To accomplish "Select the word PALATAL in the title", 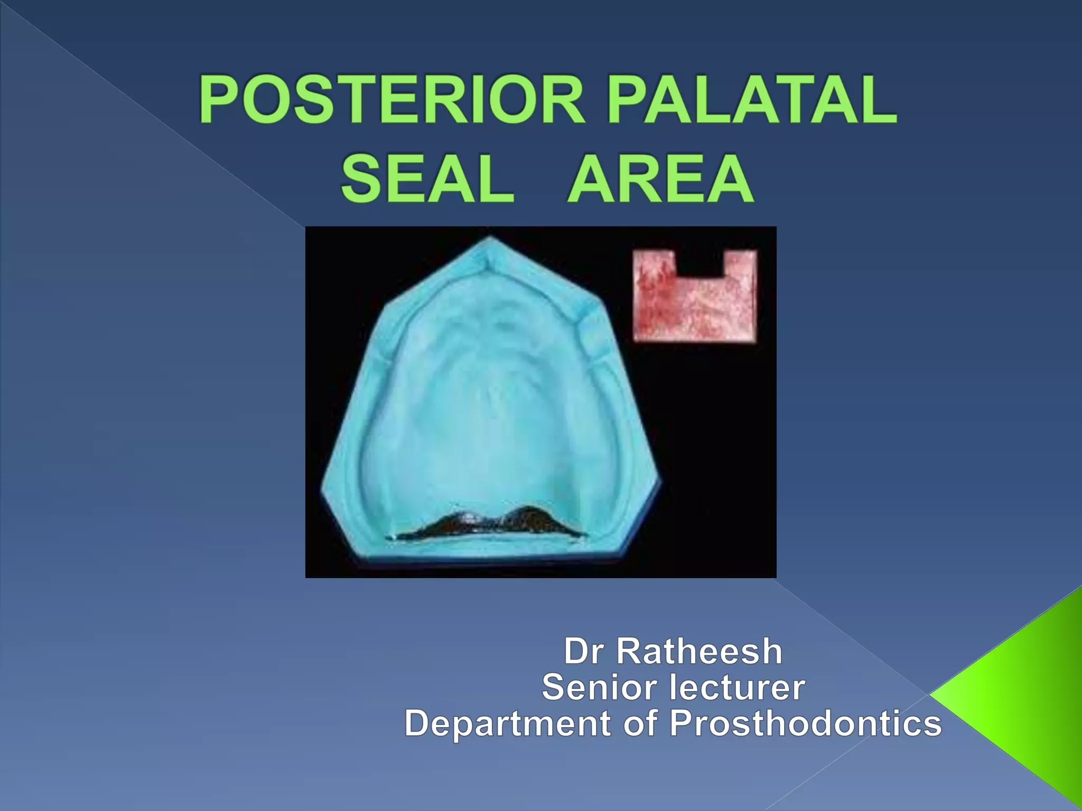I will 752,100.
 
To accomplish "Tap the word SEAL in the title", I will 427,178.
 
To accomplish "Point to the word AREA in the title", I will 661,178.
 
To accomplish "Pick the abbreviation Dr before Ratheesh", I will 583,651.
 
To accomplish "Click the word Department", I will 508,723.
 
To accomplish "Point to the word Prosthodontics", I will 806,723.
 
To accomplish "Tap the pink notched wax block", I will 695,306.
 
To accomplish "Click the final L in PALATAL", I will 878,100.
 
